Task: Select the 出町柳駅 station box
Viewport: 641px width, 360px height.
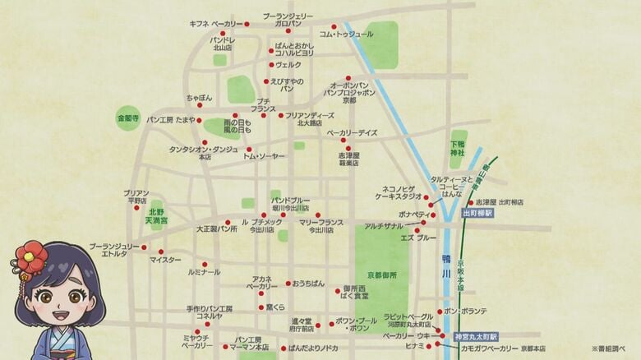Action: tap(477, 212)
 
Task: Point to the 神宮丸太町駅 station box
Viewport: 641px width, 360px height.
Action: tap(476, 336)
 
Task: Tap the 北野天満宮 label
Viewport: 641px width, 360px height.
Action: tap(157, 216)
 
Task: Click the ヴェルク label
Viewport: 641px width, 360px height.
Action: tap(288, 64)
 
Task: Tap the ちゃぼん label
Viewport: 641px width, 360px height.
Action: tap(199, 98)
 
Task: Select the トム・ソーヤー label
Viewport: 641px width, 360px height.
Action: tap(264, 155)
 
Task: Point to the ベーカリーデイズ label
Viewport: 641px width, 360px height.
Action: tap(352, 132)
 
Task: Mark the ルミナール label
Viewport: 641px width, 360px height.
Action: tap(204, 271)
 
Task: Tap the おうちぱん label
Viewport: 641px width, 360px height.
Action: tap(307, 283)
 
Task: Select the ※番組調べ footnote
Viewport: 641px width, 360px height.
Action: tap(610, 348)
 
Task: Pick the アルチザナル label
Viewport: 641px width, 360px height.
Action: tap(382, 226)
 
